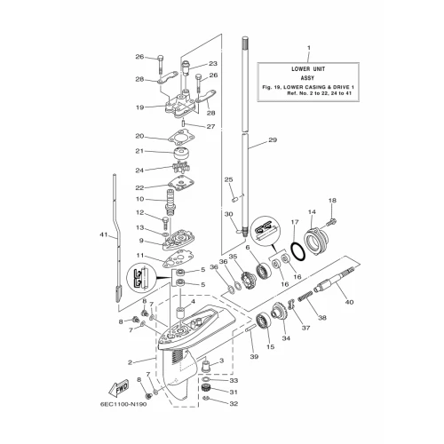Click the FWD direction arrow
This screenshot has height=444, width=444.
118,387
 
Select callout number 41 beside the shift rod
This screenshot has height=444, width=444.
104,235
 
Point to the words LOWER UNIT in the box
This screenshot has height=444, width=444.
308,69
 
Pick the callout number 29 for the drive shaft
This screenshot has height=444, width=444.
273,139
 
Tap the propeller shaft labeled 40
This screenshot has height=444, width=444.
335,279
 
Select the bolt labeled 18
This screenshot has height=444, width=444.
332,220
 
